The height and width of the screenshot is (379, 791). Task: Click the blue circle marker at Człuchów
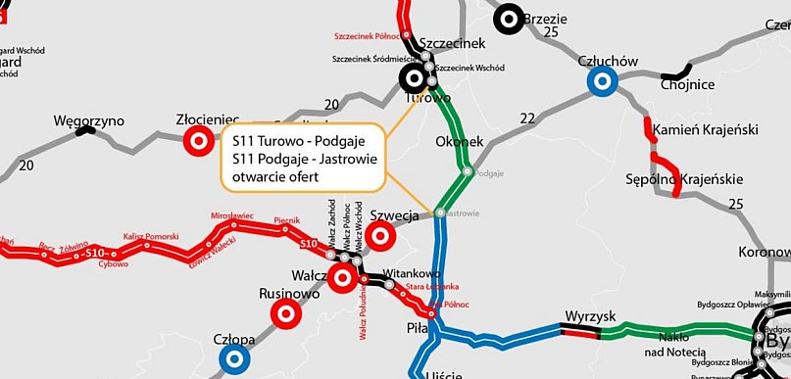(601, 82)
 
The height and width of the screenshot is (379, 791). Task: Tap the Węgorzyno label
(89, 120)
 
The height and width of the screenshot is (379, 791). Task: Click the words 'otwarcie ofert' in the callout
(277, 175)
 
